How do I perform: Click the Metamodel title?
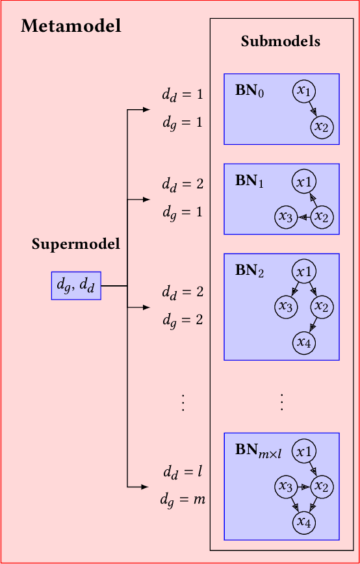pos(71,27)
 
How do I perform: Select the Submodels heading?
pos(281,42)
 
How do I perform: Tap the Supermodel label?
pos(76,244)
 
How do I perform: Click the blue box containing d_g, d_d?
pos(76,285)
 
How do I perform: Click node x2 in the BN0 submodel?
pos(322,127)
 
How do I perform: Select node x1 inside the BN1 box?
pos(304,181)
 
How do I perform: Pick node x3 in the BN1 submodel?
pos(285,217)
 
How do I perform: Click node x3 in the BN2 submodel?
pos(285,305)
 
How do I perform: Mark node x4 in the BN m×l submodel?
pos(303,520)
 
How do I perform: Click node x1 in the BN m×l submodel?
pos(304,450)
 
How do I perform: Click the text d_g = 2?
pos(183,320)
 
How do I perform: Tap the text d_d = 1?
pos(183,94)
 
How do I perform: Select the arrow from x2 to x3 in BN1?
pos(303,217)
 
